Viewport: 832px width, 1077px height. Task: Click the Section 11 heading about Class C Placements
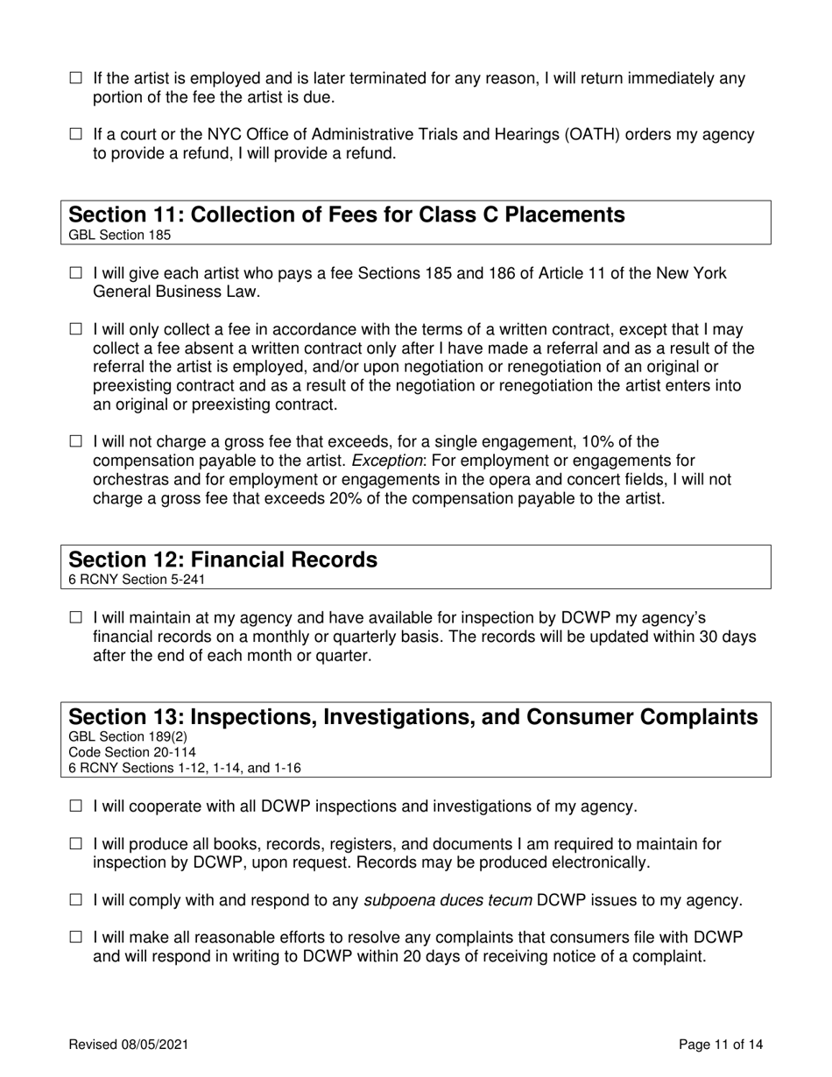(x=347, y=215)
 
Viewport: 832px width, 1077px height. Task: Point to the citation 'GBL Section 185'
(x=119, y=235)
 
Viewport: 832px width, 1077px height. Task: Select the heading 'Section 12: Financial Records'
(x=222, y=560)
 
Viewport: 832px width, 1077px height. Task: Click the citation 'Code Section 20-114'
(x=132, y=752)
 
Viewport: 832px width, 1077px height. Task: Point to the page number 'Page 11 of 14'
(x=721, y=1044)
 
